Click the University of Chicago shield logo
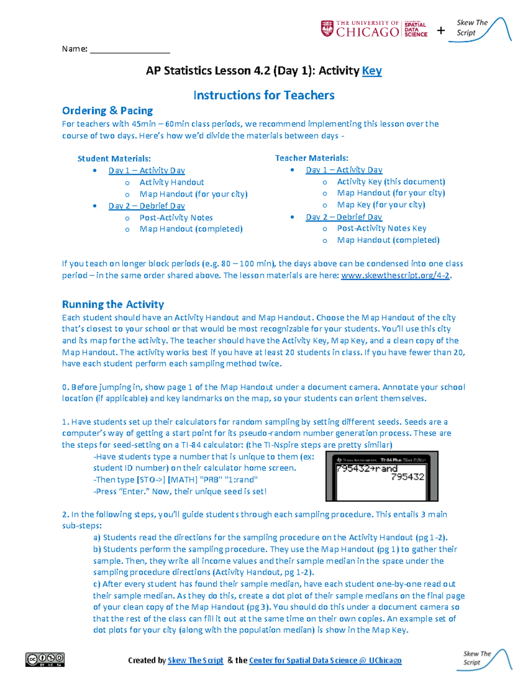pyautogui.click(x=326, y=29)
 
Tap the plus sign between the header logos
pyautogui.click(x=440, y=30)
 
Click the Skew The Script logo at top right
pyautogui.click(x=480, y=29)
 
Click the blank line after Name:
pyautogui.click(x=130, y=49)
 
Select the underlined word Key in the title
pyautogui.click(x=372, y=71)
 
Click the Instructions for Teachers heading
pyautogui.click(x=264, y=95)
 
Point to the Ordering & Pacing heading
pyautogui.click(x=107, y=111)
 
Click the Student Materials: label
pyautogui.click(x=114, y=159)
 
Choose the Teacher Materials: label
pyautogui.click(x=312, y=158)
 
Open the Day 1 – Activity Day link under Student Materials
pyautogui.click(x=147, y=171)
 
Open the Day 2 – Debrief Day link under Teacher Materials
pyautogui.click(x=344, y=217)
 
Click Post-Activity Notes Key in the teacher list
pyautogui.click(x=381, y=228)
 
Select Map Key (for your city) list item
pyautogui.click(x=381, y=205)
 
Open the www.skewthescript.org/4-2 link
pyautogui.click(x=395, y=276)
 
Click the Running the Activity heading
pyautogui.click(x=113, y=304)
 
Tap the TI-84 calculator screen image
pyautogui.click(x=381, y=476)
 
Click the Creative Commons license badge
pyautogui.click(x=45, y=659)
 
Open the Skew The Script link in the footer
pyautogui.click(x=195, y=661)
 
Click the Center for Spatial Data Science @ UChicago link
pyautogui.click(x=325, y=661)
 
